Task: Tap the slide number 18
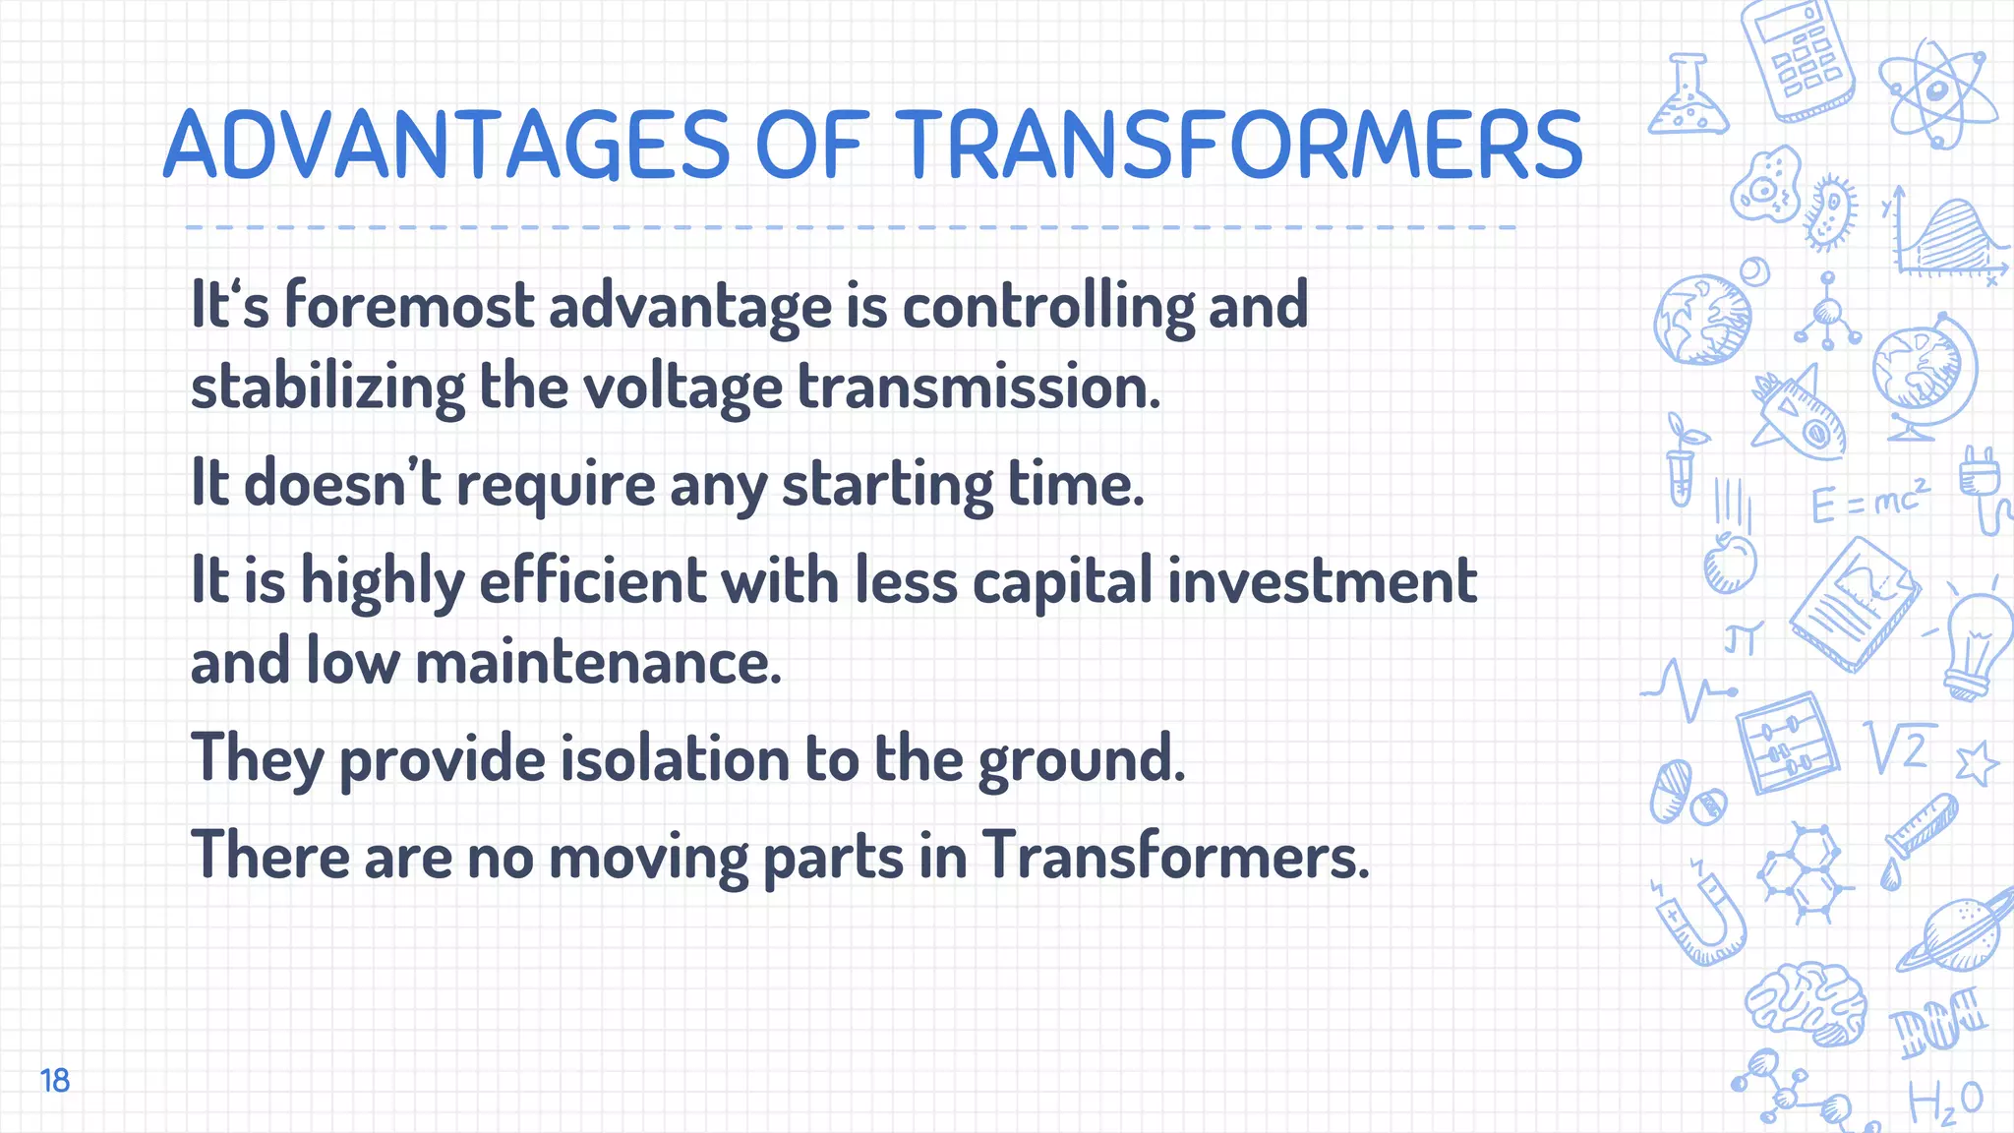point(55,1080)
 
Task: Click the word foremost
point(409,305)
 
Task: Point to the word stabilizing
point(327,387)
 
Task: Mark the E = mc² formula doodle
point(1868,502)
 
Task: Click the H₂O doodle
point(1944,1102)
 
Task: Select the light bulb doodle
point(1975,644)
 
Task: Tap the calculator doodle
point(1797,59)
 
